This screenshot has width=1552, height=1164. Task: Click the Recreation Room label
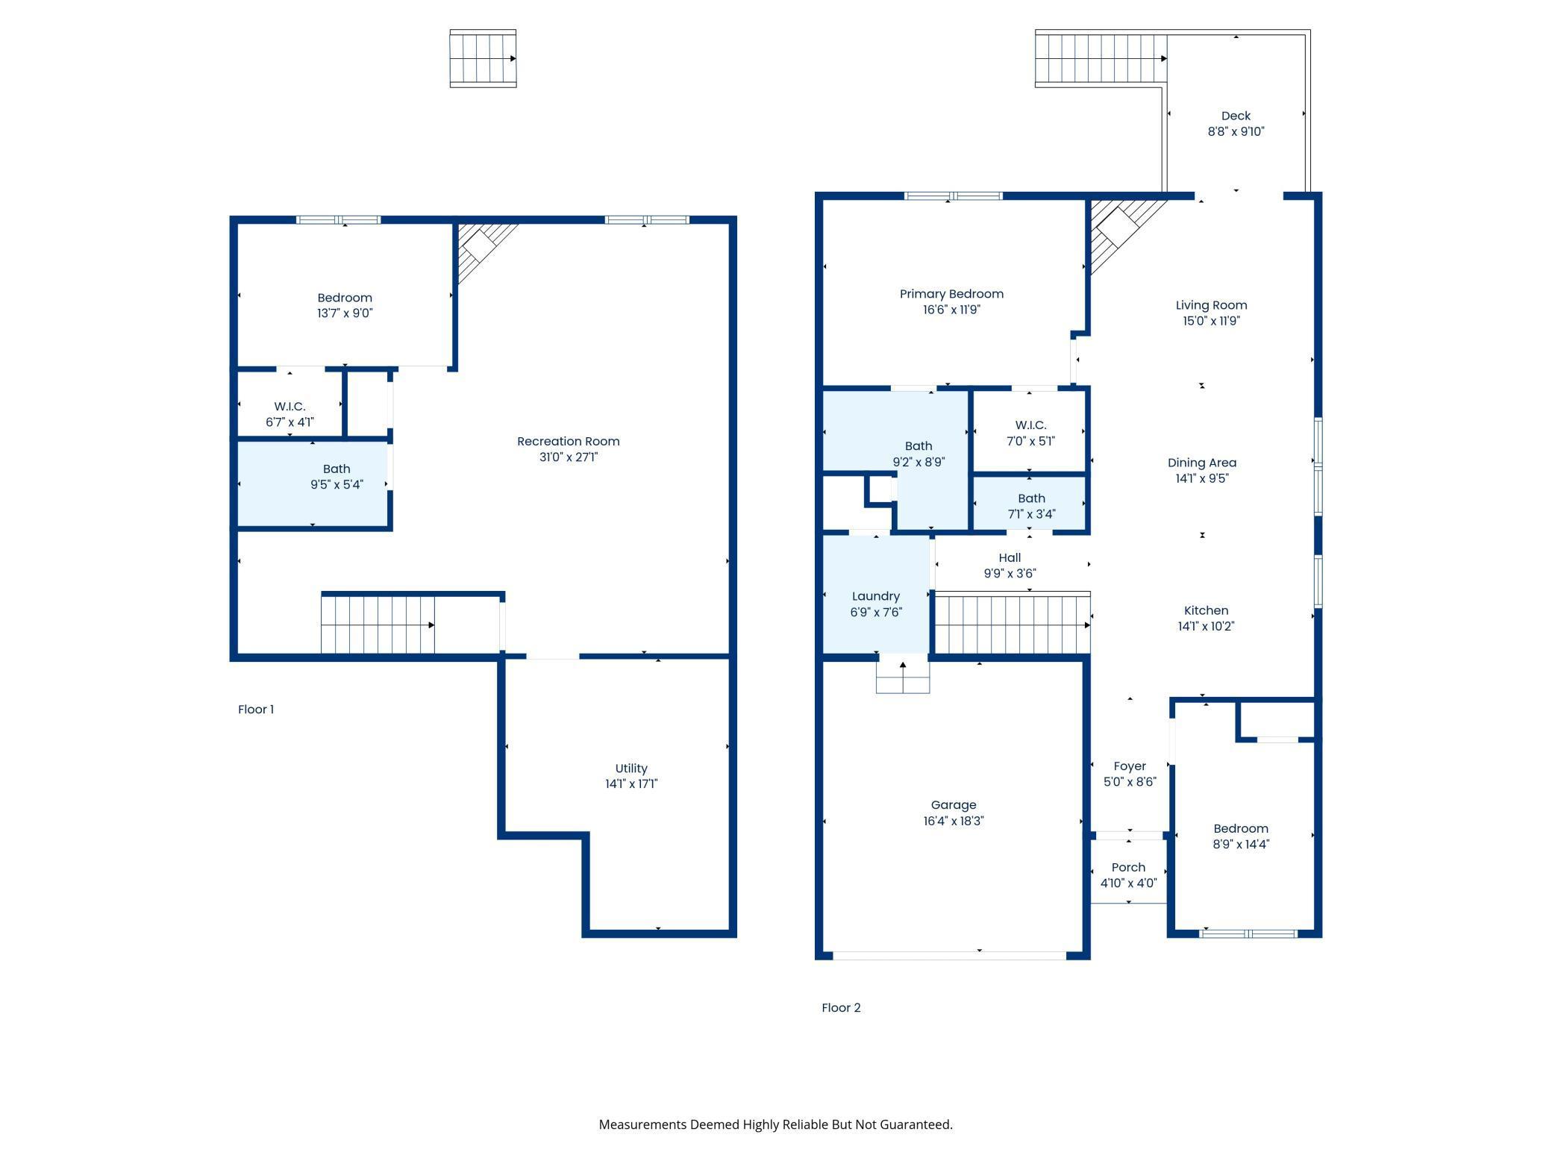click(x=569, y=441)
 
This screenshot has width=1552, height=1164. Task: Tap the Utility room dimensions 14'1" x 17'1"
click(x=631, y=783)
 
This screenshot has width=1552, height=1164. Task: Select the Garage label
click(x=954, y=805)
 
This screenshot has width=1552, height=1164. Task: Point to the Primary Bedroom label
click(x=951, y=294)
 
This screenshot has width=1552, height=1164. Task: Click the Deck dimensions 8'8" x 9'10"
click(x=1236, y=131)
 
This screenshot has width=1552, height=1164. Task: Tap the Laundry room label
click(x=876, y=596)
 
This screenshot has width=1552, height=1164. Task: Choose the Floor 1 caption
click(x=256, y=710)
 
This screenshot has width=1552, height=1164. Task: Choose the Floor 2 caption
click(x=841, y=1008)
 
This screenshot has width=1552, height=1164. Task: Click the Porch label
click(x=1128, y=867)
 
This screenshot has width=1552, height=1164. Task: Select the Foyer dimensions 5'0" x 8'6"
click(x=1130, y=782)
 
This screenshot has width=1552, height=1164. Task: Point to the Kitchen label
click(x=1206, y=610)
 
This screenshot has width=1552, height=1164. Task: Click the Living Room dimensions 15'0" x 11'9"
click(x=1211, y=321)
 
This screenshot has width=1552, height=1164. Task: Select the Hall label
click(x=1010, y=557)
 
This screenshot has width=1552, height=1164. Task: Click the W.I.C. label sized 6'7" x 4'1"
click(x=290, y=407)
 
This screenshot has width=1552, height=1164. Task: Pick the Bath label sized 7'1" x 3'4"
click(x=1031, y=498)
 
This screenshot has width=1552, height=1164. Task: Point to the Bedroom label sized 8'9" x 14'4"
click(x=1241, y=829)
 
